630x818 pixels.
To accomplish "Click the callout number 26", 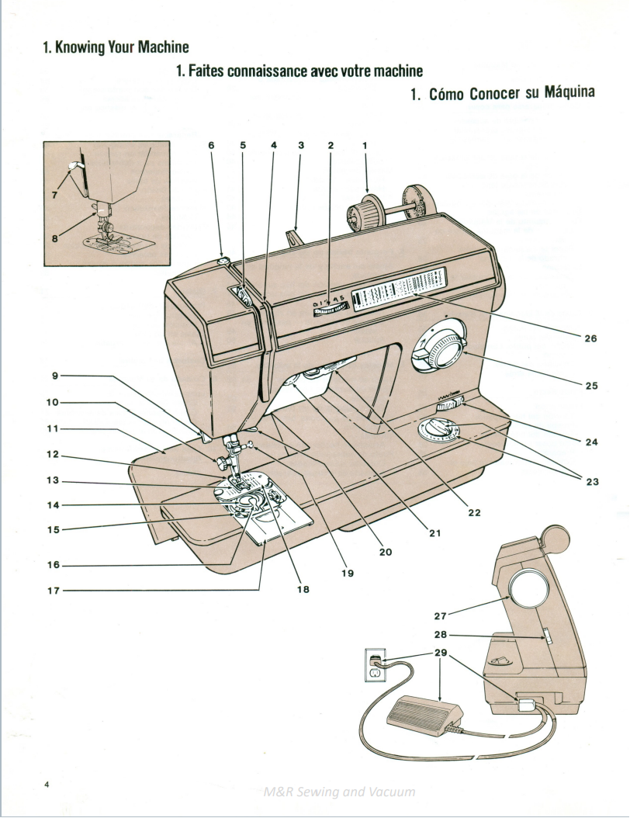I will click(590, 338).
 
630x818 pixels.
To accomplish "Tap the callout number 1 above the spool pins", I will click(364, 144).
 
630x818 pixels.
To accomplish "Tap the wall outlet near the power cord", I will click(375, 665).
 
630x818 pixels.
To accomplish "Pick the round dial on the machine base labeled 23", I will click(438, 432).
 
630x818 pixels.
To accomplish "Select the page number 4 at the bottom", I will click(47, 764).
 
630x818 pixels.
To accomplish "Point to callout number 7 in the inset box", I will click(54, 195).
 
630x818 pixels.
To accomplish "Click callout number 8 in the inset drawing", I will click(54, 238).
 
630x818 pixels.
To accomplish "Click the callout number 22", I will click(473, 512).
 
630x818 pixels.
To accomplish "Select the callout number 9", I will click(54, 376).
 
